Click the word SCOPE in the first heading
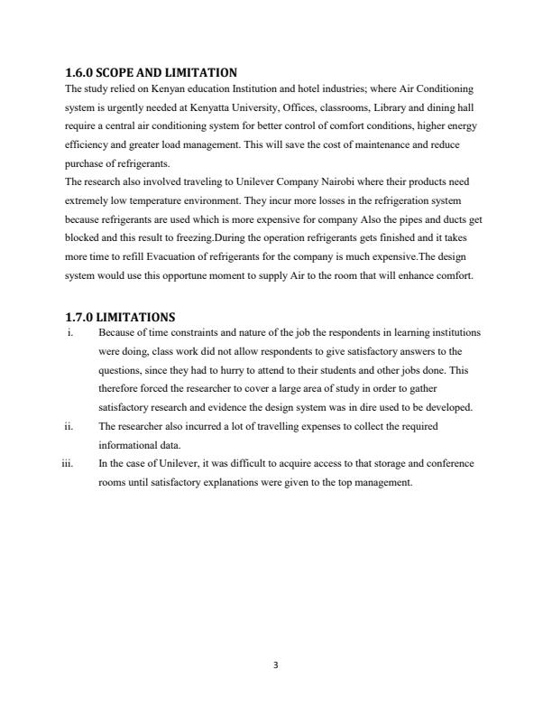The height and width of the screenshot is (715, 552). click(119, 72)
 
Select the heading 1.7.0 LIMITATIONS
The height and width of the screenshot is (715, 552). click(120, 317)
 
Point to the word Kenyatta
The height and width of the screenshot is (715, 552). click(233, 108)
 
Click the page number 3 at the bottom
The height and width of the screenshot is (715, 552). click(276, 665)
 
